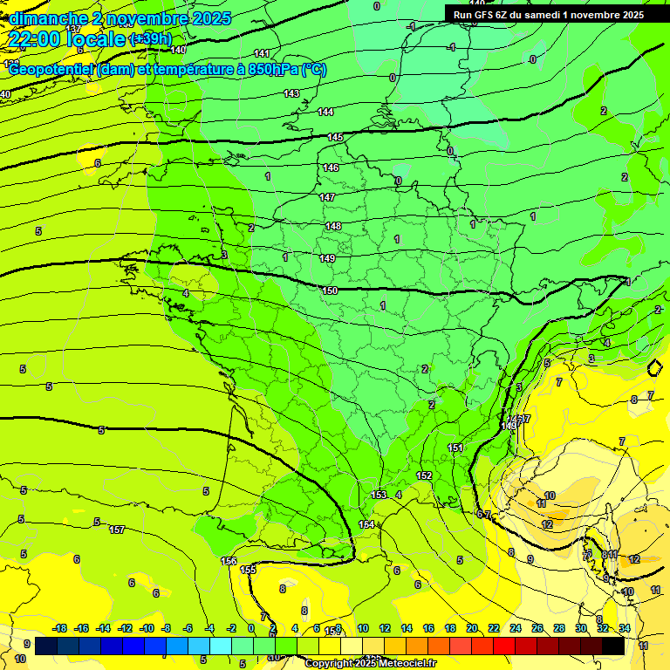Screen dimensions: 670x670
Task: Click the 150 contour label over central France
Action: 330,291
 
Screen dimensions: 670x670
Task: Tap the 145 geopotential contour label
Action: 335,138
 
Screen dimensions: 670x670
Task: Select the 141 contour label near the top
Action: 262,54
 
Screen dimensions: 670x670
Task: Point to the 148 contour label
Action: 333,226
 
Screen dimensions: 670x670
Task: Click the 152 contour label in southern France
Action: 424,475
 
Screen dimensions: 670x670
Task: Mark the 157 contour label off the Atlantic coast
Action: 117,530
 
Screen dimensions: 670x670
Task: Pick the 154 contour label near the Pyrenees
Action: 366,524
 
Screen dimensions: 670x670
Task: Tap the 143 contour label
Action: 291,93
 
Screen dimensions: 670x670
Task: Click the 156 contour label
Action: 229,561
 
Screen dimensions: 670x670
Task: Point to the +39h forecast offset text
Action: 150,39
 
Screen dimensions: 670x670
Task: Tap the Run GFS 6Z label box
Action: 549,15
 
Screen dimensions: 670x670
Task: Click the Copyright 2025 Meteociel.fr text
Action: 370,664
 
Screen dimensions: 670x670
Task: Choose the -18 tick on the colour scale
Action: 60,628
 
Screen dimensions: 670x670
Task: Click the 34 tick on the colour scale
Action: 625,628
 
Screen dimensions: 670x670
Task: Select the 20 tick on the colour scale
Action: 472,628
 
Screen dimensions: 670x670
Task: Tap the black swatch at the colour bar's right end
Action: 613,646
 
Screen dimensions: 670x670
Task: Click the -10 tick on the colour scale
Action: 147,628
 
